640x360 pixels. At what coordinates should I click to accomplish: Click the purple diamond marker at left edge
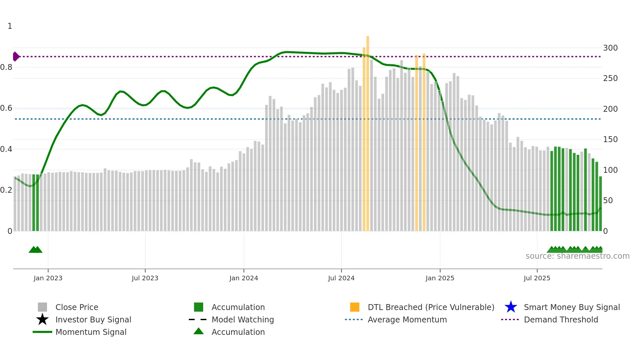pos(16,57)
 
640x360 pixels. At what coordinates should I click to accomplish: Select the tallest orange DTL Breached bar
pos(368,131)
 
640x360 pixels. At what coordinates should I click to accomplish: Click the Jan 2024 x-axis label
pos(244,278)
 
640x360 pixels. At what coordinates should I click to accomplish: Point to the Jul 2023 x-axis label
pos(145,278)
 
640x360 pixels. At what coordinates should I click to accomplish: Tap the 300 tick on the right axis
pos(610,48)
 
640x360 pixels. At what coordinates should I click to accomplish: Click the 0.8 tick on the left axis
pos(6,67)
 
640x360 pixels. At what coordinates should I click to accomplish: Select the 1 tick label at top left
pos(10,26)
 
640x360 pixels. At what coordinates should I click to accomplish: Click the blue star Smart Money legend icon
pos(511,307)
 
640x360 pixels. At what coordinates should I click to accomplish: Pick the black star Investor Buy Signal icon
pos(42,319)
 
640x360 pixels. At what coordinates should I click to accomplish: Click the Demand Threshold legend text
pos(561,319)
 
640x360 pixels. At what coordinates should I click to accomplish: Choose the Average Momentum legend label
pos(407,319)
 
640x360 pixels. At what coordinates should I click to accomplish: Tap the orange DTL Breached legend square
pos(355,307)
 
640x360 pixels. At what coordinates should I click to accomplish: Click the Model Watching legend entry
pos(243,319)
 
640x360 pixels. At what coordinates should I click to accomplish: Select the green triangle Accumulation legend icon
pos(199,331)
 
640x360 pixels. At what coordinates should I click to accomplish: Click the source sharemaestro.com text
pos(577,256)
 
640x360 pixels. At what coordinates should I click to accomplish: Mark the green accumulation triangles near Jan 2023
pos(36,250)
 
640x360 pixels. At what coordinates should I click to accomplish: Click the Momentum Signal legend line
pos(42,332)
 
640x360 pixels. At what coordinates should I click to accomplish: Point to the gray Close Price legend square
pos(42,307)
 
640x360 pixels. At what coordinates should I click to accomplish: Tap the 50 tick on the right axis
pos(608,201)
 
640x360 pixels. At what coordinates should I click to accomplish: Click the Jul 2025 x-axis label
pos(537,278)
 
